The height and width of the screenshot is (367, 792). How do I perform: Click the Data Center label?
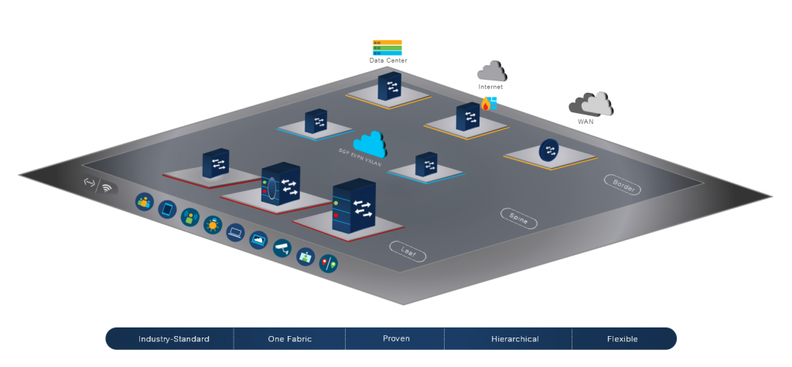(x=387, y=60)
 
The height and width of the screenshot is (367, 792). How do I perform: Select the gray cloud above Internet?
(x=492, y=72)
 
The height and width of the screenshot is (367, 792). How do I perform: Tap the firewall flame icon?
(x=486, y=105)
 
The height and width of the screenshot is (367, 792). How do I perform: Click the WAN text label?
(x=586, y=122)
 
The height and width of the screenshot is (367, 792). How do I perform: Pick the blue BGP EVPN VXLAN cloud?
(x=370, y=143)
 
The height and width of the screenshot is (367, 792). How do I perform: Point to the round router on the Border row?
(x=549, y=150)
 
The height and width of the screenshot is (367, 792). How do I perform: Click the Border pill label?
(x=622, y=184)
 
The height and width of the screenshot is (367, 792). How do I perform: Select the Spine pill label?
(x=518, y=218)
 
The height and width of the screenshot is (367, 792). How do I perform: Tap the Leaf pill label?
(x=408, y=250)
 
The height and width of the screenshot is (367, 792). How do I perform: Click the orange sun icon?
(x=212, y=225)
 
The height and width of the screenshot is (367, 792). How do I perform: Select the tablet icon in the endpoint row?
(x=167, y=210)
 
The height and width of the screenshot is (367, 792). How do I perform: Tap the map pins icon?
(x=328, y=263)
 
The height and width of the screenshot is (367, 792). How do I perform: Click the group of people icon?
(x=144, y=202)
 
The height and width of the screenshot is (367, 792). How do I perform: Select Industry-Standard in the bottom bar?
(x=174, y=339)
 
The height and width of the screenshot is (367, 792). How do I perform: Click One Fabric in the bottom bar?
(x=288, y=339)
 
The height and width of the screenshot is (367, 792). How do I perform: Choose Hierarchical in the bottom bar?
(x=514, y=339)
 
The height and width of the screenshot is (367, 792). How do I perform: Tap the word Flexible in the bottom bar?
(x=623, y=339)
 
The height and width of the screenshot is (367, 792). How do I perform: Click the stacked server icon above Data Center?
(x=387, y=47)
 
